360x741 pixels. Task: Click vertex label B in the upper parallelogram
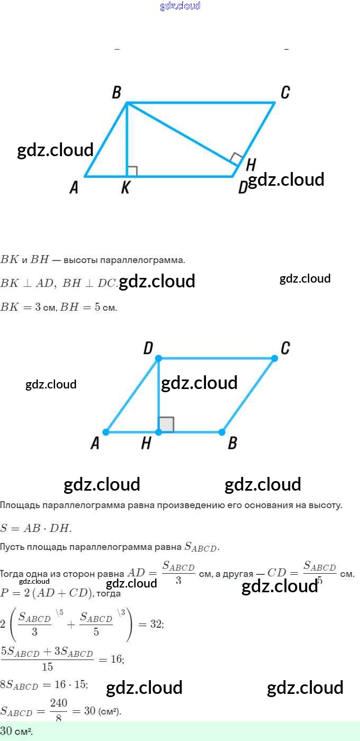(x=116, y=93)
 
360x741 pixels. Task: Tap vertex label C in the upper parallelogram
(x=285, y=93)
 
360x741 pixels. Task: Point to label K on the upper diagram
(x=125, y=187)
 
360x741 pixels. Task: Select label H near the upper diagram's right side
(x=251, y=165)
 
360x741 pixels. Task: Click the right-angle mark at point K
(x=132, y=171)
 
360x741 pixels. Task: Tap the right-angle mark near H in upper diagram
(x=237, y=158)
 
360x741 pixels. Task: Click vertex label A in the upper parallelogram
(x=74, y=187)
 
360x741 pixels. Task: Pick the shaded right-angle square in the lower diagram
(x=166, y=424)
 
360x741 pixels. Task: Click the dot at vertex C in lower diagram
(x=274, y=358)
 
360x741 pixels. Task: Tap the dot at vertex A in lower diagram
(x=106, y=432)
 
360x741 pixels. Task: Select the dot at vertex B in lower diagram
(x=222, y=432)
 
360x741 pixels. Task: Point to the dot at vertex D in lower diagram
(x=158, y=358)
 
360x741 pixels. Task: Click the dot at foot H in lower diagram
(x=158, y=432)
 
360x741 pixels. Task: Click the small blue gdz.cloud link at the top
(x=180, y=6)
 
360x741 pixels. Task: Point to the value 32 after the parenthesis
(x=156, y=625)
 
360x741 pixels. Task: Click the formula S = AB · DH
(x=36, y=528)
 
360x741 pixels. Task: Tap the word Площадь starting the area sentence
(x=17, y=505)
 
